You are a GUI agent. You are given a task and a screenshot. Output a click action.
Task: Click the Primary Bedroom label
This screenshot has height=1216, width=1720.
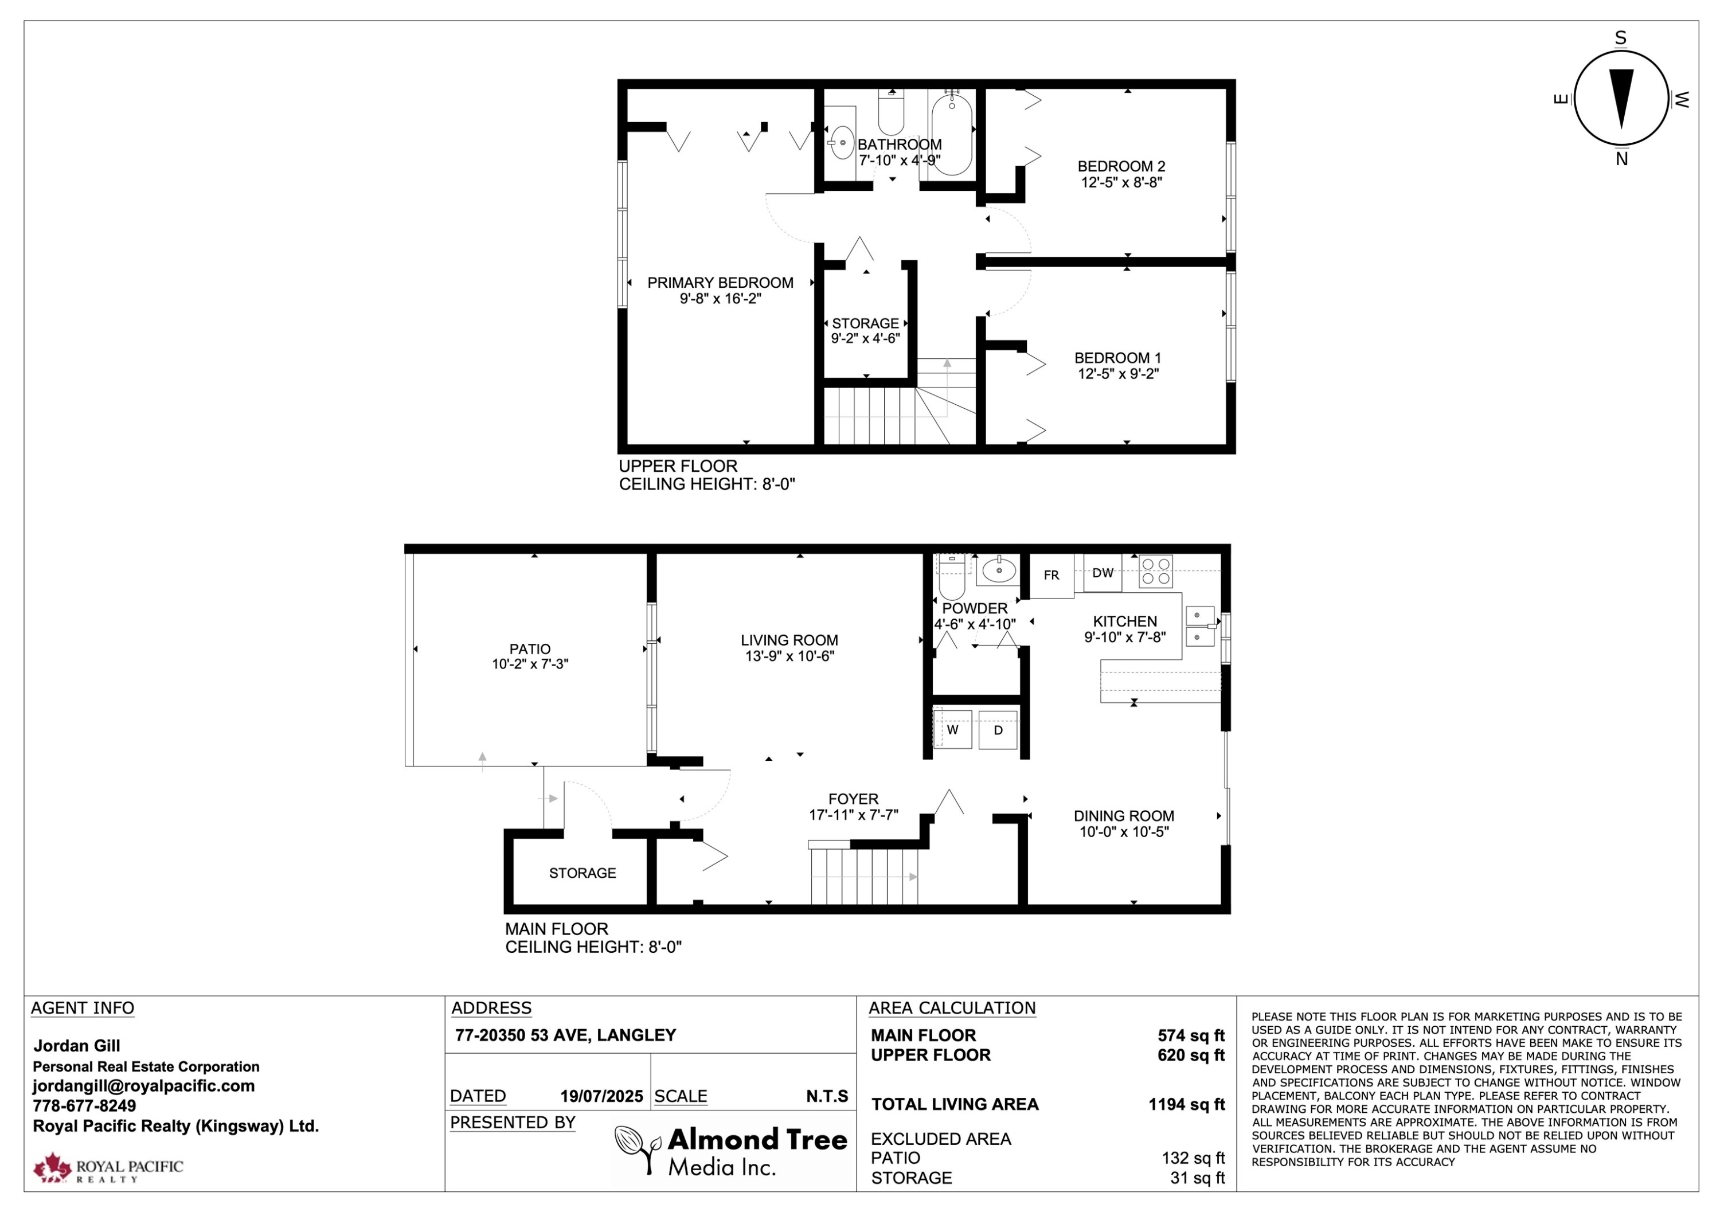pos(720,283)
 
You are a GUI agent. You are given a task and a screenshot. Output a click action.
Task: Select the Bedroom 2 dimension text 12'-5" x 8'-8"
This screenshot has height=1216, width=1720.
pos(1121,182)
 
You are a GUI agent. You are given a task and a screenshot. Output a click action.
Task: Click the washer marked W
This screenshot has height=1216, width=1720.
pos(953,730)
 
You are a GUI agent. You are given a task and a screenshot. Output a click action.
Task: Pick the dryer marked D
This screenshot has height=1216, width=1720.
pos(998,730)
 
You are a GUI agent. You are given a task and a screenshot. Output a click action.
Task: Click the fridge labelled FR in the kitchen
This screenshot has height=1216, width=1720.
pos(1051,576)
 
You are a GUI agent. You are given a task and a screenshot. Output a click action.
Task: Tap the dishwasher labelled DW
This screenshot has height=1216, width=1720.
pos(1103,573)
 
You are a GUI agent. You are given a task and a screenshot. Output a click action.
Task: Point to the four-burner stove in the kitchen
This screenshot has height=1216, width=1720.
pos(1155,571)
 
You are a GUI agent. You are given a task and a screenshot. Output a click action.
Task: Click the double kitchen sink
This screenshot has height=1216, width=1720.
pos(1200,627)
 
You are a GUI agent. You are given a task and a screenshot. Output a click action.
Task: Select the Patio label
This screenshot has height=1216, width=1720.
pos(530,649)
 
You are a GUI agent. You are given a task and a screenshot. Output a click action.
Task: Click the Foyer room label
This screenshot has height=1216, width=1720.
pos(853,799)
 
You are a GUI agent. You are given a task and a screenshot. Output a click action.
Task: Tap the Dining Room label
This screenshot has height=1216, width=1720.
pos(1124,816)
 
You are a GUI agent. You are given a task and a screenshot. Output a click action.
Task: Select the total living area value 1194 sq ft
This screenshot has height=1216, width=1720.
pos(1187,1104)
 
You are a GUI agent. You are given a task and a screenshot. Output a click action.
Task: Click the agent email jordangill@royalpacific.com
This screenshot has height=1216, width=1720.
pos(143,1086)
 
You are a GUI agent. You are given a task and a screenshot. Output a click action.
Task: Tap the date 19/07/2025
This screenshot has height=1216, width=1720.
pos(601,1097)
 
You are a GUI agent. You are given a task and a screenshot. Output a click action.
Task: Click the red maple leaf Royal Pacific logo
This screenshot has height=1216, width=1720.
pos(52,1168)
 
